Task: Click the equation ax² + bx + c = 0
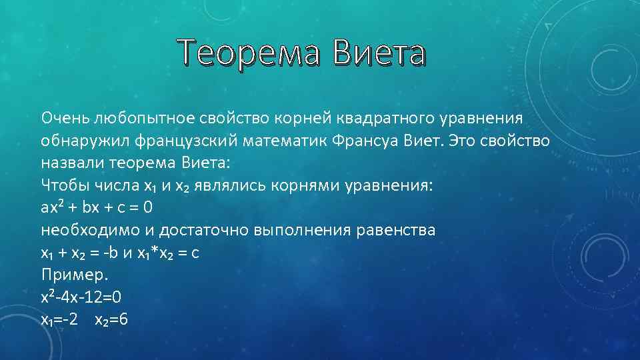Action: coord(97,207)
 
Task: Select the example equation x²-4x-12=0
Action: coord(81,297)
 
